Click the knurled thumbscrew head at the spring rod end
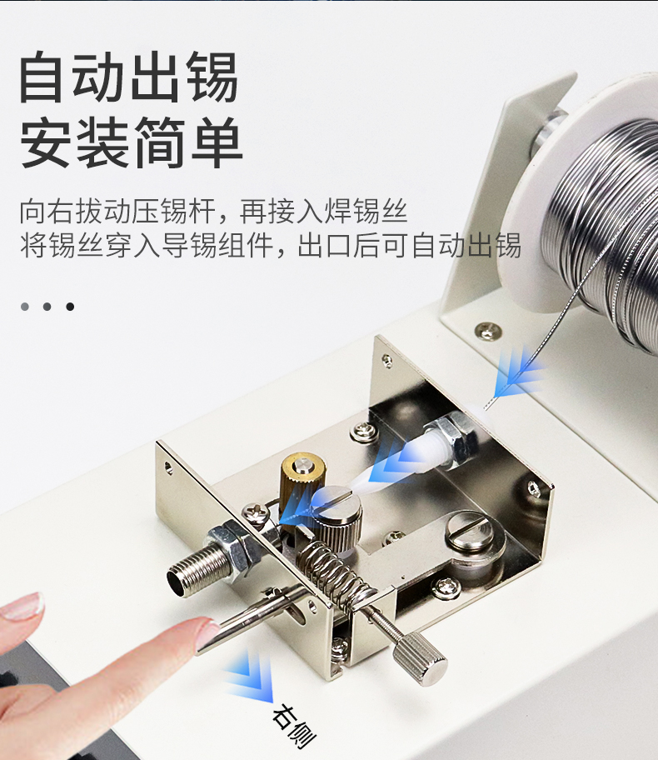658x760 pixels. coord(420,658)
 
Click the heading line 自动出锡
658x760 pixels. coord(129,77)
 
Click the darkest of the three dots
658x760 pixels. coord(70,307)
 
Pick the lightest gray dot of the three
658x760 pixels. coord(25,307)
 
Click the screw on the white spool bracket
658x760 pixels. coord(487,331)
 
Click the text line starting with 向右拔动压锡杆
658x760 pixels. coord(213,212)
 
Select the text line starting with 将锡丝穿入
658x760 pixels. coord(270,247)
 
